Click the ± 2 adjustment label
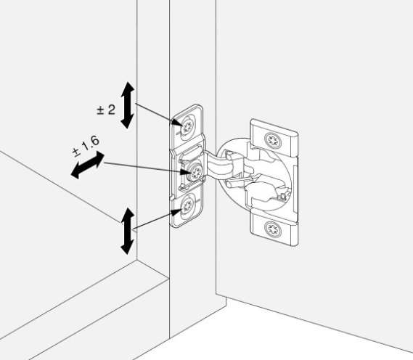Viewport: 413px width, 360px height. [x=106, y=110]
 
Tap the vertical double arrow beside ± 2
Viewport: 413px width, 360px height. [x=128, y=105]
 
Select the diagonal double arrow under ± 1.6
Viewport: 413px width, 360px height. [x=87, y=165]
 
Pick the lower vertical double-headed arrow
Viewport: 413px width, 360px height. [x=128, y=231]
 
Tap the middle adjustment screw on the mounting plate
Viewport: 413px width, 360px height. [x=195, y=173]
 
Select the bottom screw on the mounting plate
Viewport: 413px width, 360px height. [x=188, y=205]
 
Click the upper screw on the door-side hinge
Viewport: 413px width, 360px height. [x=273, y=141]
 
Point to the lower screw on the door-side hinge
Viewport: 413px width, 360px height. [x=273, y=229]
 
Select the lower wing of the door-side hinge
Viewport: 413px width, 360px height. [x=274, y=228]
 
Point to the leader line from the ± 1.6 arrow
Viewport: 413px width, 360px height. [x=146, y=168]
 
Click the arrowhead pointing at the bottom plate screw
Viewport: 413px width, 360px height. [x=176, y=211]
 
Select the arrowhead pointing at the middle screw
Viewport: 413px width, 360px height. [x=184, y=173]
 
